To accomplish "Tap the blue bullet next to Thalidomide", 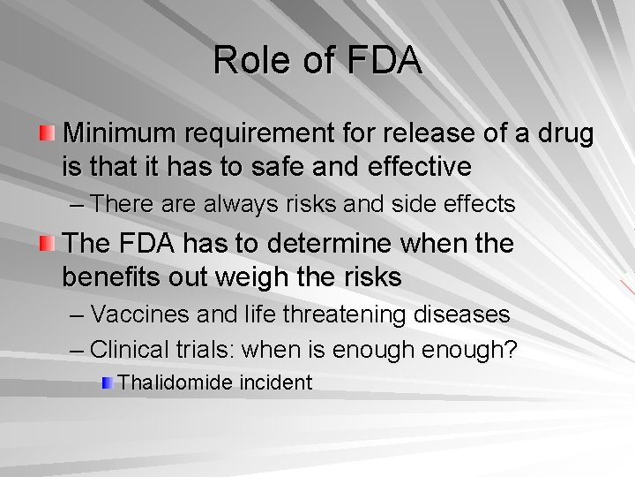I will coord(106,382).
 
